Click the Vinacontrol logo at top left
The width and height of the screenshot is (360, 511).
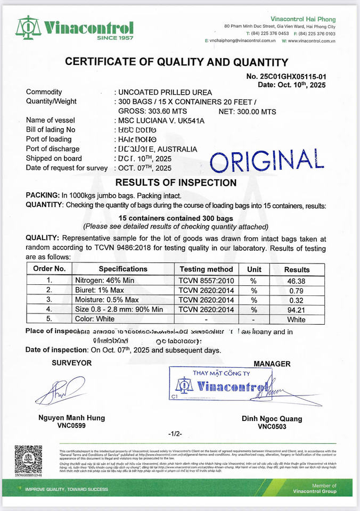[75, 28]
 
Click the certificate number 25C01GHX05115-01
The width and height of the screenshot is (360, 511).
[286, 77]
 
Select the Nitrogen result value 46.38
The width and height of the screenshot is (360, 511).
[296, 281]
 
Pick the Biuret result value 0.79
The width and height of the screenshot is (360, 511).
[296, 291]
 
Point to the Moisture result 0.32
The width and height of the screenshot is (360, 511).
[296, 300]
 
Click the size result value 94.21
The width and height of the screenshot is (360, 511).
[296, 310]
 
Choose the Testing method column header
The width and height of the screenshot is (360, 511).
[206, 269]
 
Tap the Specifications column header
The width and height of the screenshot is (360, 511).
[123, 269]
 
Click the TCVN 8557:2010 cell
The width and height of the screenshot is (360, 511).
[206, 281]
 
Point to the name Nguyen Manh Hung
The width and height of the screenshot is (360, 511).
[71, 418]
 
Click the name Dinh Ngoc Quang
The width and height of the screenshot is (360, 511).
[272, 419]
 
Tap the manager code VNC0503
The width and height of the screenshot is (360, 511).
[272, 426]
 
